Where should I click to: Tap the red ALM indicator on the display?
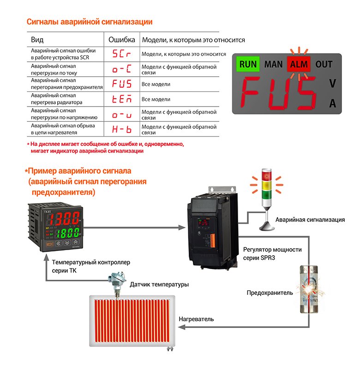(298, 64)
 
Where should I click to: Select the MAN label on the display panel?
(274, 64)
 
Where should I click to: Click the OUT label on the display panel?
(324, 64)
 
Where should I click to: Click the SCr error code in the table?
(122, 54)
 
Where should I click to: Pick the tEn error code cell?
(122, 99)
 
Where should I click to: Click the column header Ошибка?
(122, 40)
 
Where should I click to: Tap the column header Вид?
(37, 40)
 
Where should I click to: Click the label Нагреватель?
(196, 319)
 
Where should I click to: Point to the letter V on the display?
(332, 84)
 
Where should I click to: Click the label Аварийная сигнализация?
(310, 220)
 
